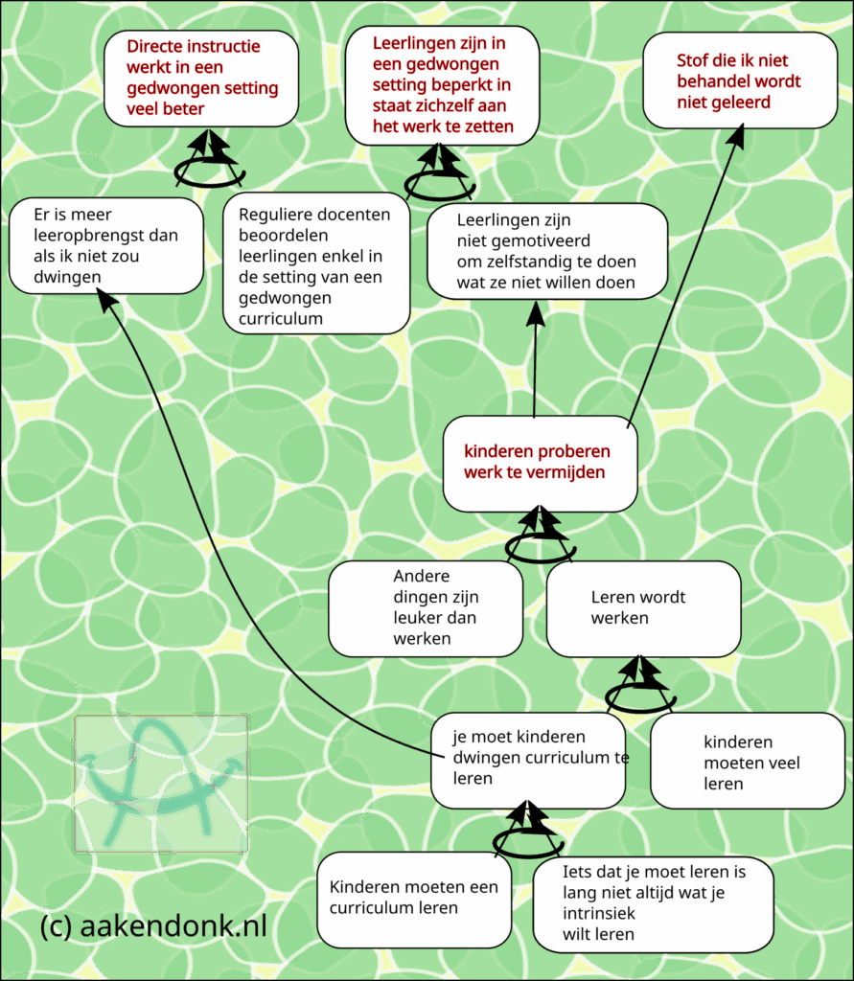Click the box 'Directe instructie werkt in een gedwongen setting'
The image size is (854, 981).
(x=201, y=78)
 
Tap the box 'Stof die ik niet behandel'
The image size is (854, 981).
(x=740, y=80)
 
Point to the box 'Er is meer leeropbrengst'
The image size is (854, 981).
(x=105, y=245)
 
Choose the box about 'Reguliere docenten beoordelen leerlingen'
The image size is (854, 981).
(x=316, y=263)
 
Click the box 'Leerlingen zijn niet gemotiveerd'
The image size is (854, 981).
(x=546, y=250)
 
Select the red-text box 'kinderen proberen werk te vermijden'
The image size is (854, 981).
(x=540, y=463)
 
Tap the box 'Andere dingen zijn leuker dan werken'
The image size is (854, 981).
(x=426, y=608)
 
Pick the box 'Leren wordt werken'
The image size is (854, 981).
(x=643, y=608)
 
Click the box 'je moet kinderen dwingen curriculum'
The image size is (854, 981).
(x=527, y=760)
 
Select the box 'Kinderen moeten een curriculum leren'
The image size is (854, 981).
(x=414, y=898)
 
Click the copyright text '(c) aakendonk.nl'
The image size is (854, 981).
(x=153, y=926)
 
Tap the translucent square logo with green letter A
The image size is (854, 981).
(x=161, y=784)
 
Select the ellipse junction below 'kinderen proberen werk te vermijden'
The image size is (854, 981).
(x=540, y=546)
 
